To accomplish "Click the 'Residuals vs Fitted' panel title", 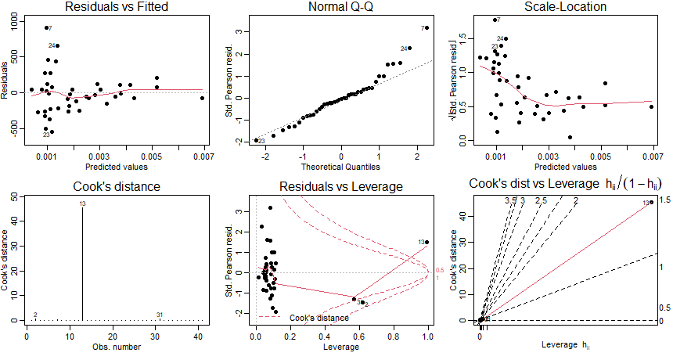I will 117,7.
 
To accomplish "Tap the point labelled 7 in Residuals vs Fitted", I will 46,27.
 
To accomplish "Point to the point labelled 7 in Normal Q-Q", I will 426,27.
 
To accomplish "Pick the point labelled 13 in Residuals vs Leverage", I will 426,242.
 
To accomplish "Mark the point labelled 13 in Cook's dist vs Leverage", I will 651,203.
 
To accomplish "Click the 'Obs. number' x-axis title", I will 117,345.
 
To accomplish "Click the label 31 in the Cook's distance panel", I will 159,315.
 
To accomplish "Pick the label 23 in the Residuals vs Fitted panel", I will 46,135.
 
